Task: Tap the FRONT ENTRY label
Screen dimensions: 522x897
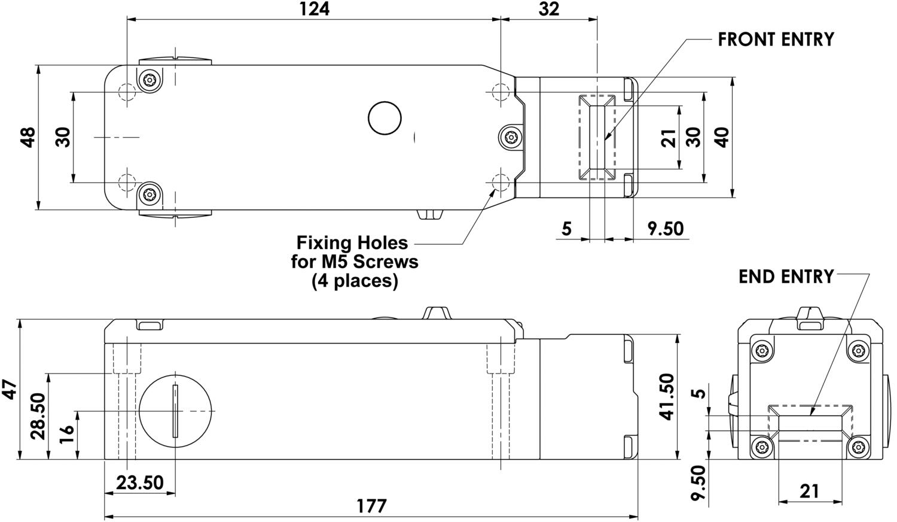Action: (x=776, y=40)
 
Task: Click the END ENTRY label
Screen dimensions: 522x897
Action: (x=786, y=277)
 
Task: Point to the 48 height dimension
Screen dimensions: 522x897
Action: (x=28, y=137)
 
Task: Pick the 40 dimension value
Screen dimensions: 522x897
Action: (x=722, y=137)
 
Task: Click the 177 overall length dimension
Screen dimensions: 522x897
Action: (x=371, y=506)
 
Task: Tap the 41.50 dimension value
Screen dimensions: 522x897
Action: (x=666, y=396)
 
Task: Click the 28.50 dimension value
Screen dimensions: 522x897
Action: (x=38, y=416)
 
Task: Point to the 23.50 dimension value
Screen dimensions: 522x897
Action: (x=139, y=482)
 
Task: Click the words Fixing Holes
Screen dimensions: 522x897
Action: (x=352, y=242)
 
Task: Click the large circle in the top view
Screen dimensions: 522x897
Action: (x=385, y=119)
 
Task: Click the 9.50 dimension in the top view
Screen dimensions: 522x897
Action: (x=666, y=228)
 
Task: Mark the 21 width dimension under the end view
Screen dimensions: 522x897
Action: (x=809, y=491)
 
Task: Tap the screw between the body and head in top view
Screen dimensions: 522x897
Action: (x=510, y=136)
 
